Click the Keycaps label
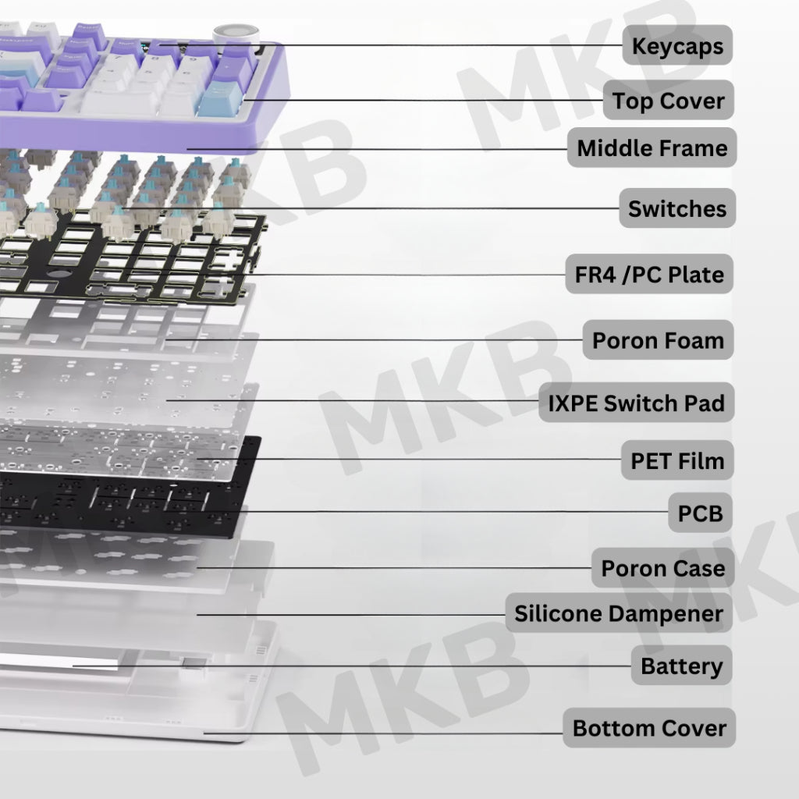click(x=677, y=45)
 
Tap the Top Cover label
click(x=668, y=101)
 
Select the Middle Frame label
click(x=652, y=147)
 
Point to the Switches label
click(x=677, y=208)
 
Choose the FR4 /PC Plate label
click(x=649, y=274)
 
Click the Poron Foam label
click(x=658, y=340)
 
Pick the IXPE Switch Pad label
click(x=636, y=403)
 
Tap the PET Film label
click(x=677, y=460)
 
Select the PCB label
click(x=700, y=513)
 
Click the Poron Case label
click(x=663, y=568)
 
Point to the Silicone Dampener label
click(x=619, y=613)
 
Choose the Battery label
click(x=681, y=666)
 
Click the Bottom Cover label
click(x=649, y=728)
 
